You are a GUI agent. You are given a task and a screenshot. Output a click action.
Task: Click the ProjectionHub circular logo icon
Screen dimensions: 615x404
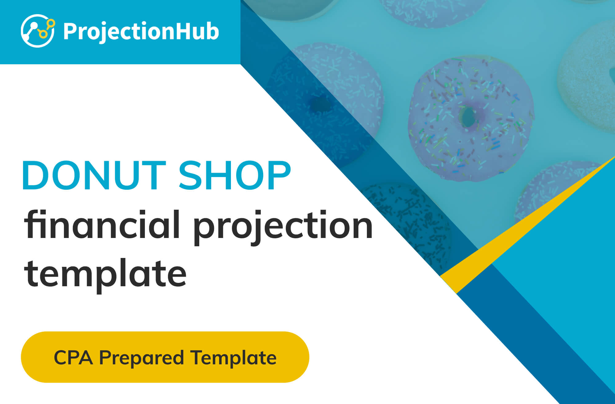pyautogui.click(x=38, y=31)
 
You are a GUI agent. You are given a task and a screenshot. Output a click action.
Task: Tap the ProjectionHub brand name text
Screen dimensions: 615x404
pyautogui.click(x=141, y=31)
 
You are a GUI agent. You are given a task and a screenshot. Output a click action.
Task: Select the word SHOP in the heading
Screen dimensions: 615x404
pyautogui.click(x=235, y=176)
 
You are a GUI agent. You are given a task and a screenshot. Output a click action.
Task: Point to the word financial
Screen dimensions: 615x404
pyautogui.click(x=102, y=224)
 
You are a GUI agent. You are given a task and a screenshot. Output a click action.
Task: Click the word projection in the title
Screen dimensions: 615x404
pyautogui.click(x=283, y=228)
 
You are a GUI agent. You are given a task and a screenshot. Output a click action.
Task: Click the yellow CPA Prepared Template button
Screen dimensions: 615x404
pyautogui.click(x=165, y=357)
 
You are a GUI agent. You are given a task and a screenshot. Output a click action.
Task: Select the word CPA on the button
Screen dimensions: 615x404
pyautogui.click(x=73, y=358)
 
